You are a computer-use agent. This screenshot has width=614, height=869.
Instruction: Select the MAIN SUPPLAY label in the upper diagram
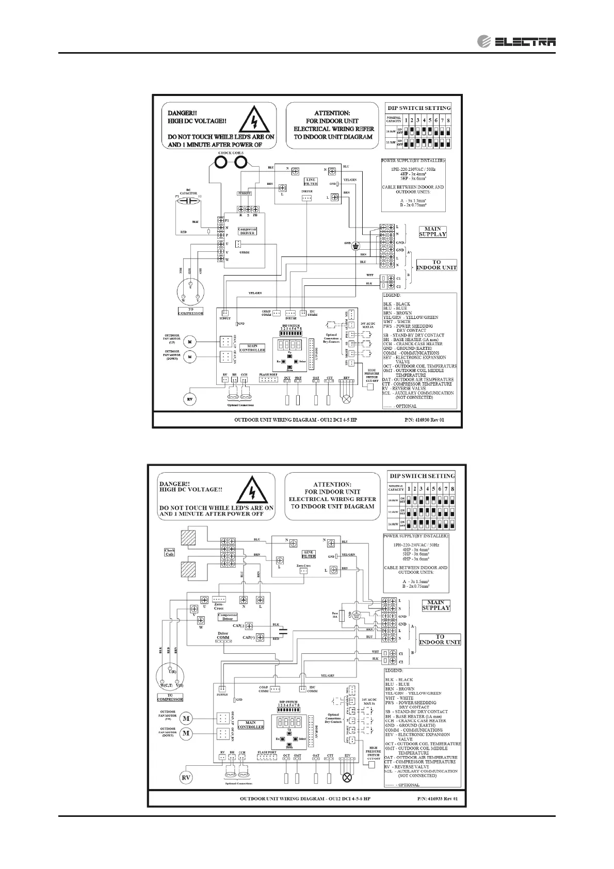tap(432, 231)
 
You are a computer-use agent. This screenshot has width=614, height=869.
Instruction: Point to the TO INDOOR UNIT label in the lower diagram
tap(440, 640)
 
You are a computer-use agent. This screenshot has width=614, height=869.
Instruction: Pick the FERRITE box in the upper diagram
tap(244, 193)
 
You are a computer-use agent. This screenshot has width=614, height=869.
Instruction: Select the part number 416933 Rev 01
tap(438, 813)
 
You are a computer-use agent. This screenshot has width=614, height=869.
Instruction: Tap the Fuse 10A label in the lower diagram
tap(334, 615)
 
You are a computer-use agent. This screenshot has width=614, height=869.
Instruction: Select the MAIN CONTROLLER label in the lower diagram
tap(251, 725)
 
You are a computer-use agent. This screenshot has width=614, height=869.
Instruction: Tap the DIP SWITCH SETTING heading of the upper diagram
tap(419, 108)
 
